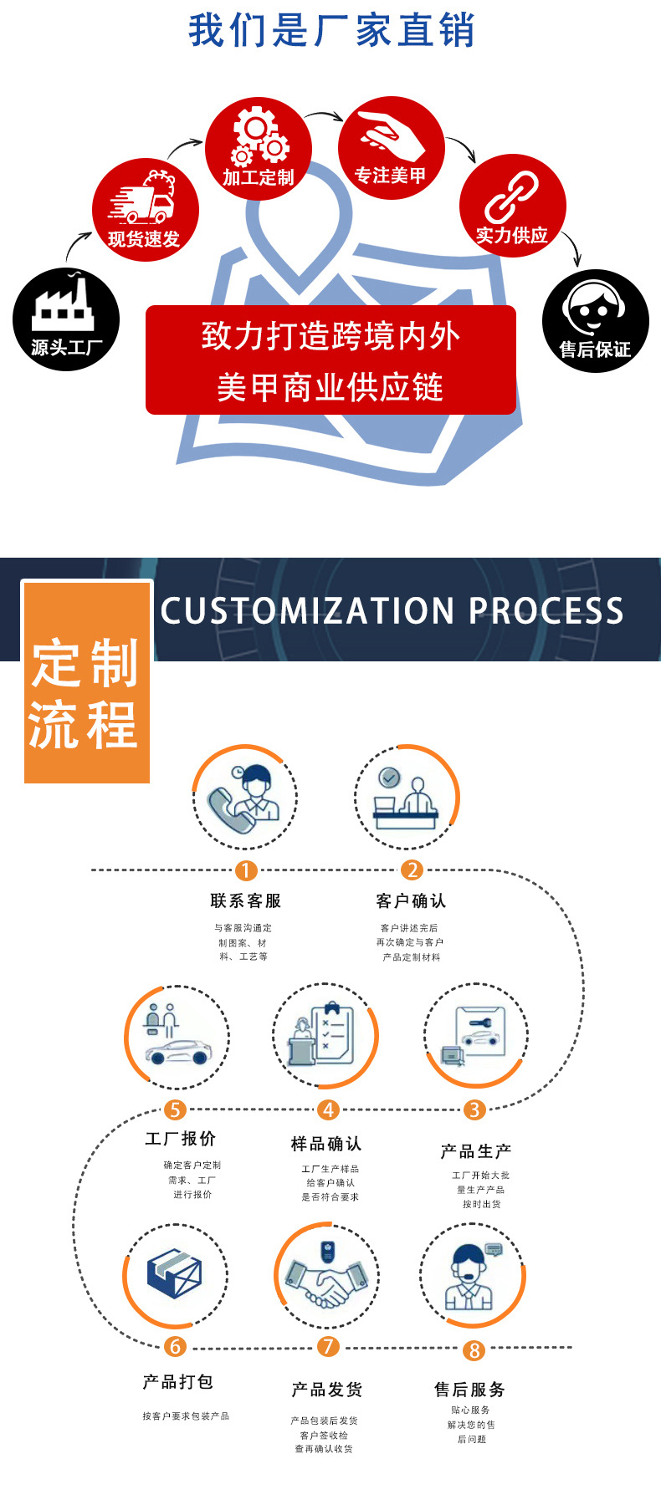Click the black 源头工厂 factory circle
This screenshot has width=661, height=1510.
click(x=66, y=319)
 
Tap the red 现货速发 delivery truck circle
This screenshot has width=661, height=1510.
click(x=145, y=210)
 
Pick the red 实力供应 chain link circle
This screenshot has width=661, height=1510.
click(x=512, y=207)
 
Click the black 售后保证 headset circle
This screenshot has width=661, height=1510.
click(x=595, y=320)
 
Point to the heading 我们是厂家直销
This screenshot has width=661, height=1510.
click(x=331, y=30)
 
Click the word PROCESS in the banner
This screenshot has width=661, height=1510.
click(x=546, y=611)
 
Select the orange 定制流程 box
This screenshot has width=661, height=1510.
click(x=86, y=682)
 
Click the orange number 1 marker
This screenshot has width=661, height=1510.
click(x=245, y=870)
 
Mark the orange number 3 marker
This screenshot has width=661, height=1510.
click(x=474, y=1110)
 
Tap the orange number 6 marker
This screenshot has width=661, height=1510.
click(x=175, y=1346)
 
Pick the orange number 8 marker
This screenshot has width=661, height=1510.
click(x=474, y=1350)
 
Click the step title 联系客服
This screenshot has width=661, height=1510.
click(x=245, y=900)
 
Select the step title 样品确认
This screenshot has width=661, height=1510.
click(x=326, y=1143)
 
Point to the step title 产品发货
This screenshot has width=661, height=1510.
click(x=326, y=1390)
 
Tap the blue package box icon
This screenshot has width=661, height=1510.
click(x=175, y=1274)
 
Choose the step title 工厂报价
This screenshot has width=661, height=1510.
click(x=181, y=1138)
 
